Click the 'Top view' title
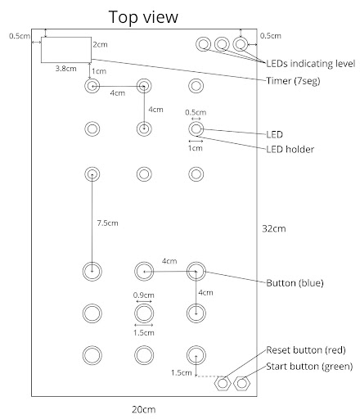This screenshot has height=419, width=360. [x=143, y=17]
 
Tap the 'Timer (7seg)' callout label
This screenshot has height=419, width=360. [x=293, y=81]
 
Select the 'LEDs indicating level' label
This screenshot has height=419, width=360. [x=310, y=64]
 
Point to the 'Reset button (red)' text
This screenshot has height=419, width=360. [x=306, y=350]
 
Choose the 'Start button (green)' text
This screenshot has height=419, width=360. [x=309, y=367]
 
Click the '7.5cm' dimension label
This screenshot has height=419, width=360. [x=107, y=223]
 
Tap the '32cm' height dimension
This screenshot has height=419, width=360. [x=274, y=228]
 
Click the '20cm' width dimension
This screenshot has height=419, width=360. [x=144, y=409]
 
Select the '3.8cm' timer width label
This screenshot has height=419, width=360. [x=65, y=69]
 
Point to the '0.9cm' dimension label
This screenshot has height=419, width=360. [x=143, y=295]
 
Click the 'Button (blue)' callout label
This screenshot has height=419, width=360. [x=295, y=283]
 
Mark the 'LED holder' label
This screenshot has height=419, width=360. [x=290, y=150]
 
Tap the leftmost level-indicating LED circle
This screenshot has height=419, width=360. [x=196, y=44]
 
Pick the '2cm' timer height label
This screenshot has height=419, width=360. [x=100, y=44]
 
